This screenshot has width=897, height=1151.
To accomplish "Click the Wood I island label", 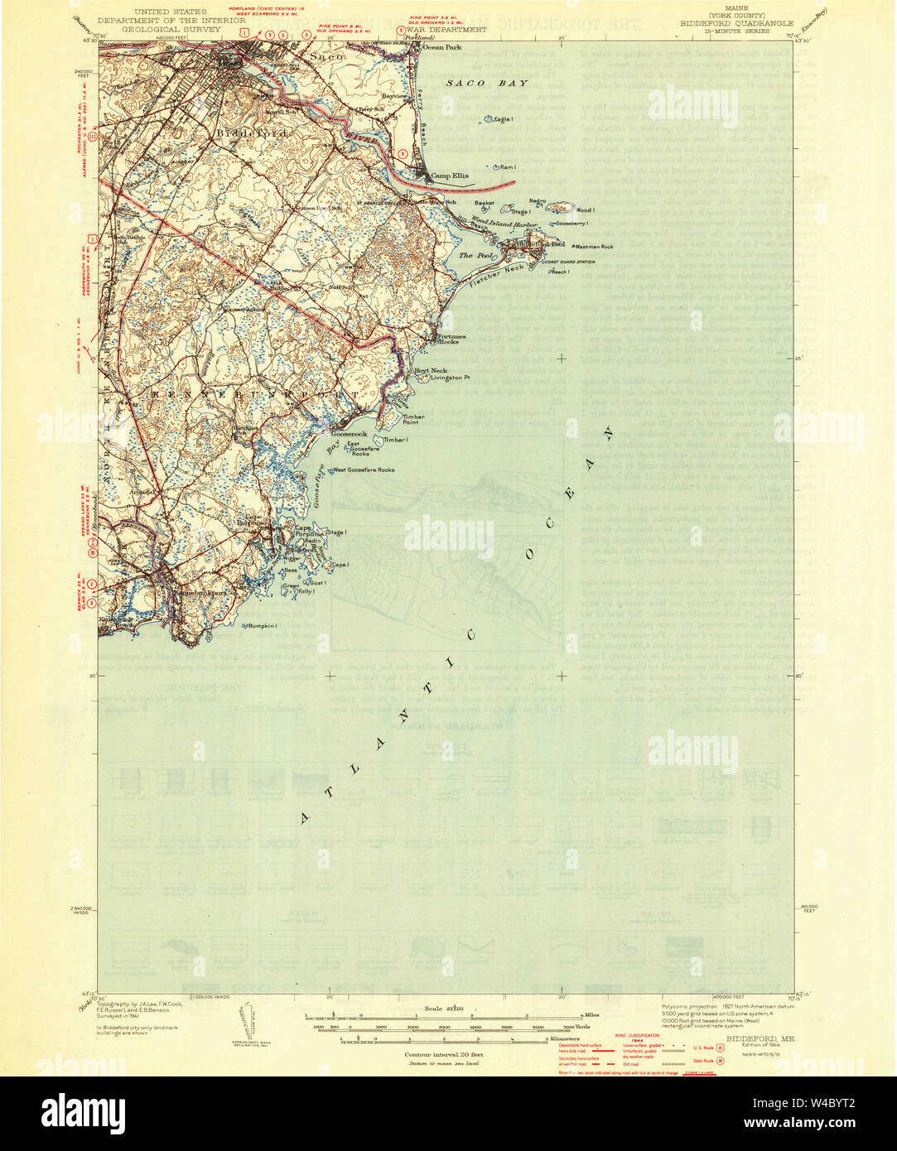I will (586, 210).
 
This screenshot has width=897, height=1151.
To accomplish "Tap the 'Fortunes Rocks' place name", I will (452, 339).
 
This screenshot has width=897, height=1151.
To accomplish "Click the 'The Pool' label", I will (477, 256).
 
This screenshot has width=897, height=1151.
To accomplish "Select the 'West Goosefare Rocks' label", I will (364, 470).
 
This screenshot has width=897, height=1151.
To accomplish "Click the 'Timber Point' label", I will (413, 420).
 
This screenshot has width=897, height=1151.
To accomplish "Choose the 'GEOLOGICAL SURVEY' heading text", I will (159, 29).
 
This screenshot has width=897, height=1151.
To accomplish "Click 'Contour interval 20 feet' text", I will (444, 1054).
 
